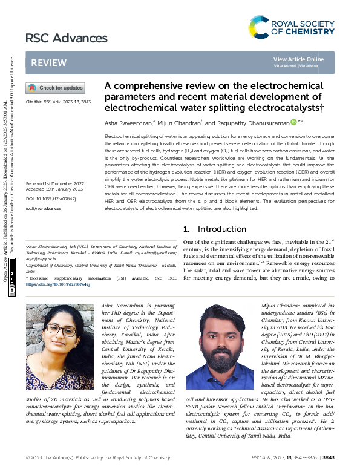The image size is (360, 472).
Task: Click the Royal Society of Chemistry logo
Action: click(291, 27)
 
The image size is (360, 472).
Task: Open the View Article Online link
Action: click(298, 59)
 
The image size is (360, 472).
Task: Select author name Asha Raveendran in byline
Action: click(129, 122)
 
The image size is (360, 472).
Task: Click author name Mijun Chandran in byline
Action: click(179, 122)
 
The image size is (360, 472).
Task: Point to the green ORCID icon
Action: click(294, 122)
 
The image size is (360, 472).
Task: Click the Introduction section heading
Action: click(206, 229)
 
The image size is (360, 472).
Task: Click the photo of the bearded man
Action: click(220, 347)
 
